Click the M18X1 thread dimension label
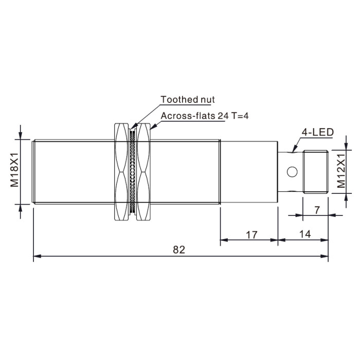click(14, 170)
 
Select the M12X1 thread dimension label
click(341, 171)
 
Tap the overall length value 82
click(179, 249)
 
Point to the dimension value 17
click(251, 235)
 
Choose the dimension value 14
click(305, 234)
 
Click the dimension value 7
click(317, 210)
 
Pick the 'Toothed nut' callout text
click(188, 99)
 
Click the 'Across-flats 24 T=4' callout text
click(205, 116)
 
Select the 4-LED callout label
click(317, 133)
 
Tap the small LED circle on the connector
click(292, 172)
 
